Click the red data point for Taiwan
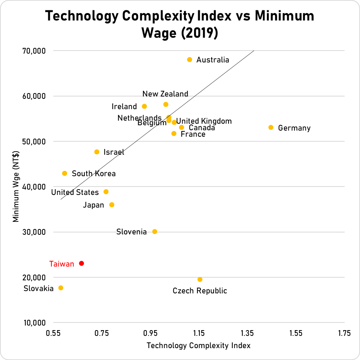pyautogui.click(x=81, y=263)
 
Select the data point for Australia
pyautogui.click(x=189, y=60)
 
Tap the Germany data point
pyautogui.click(x=271, y=128)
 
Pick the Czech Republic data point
pyautogui.click(x=200, y=280)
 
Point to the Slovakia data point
pyautogui.click(x=61, y=288)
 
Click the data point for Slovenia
pyautogui.click(x=155, y=232)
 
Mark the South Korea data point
pyautogui.click(x=64, y=173)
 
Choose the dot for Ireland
pyautogui.click(x=144, y=106)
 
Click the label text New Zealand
pyautogui.click(x=165, y=94)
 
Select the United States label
pyautogui.click(x=75, y=192)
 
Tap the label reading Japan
pyautogui.click(x=94, y=205)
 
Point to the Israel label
pyautogui.click(x=114, y=152)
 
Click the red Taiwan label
pyautogui.click(x=62, y=264)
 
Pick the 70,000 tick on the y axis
pyautogui.click(x=35, y=51)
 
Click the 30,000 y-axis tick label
pyautogui.click(x=35, y=232)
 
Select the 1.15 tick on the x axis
pyautogui.click(x=199, y=334)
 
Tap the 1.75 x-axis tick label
pyautogui.click(x=344, y=334)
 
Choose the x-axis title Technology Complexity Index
pyautogui.click(x=199, y=345)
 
